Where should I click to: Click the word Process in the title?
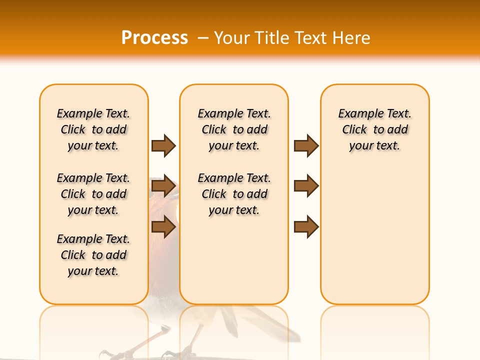pyautogui.click(x=154, y=38)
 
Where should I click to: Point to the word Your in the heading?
pyautogui.click(x=232, y=38)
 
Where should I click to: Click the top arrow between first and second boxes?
pyautogui.click(x=163, y=145)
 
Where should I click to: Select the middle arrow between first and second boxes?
pyautogui.click(x=163, y=186)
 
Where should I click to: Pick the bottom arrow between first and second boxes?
pyautogui.click(x=163, y=227)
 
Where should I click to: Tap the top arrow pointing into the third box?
pyautogui.click(x=306, y=145)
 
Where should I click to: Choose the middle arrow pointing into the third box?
pyautogui.click(x=306, y=186)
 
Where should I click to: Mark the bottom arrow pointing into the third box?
pyautogui.click(x=306, y=227)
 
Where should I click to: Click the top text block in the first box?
pyautogui.click(x=93, y=129)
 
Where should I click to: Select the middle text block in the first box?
pyautogui.click(x=93, y=194)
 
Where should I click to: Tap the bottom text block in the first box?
pyautogui.click(x=93, y=255)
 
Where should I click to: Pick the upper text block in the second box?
pyautogui.click(x=234, y=129)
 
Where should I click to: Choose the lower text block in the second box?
pyautogui.click(x=234, y=194)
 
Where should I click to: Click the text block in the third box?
pyautogui.click(x=374, y=129)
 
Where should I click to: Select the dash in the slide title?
pyautogui.click(x=203, y=38)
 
